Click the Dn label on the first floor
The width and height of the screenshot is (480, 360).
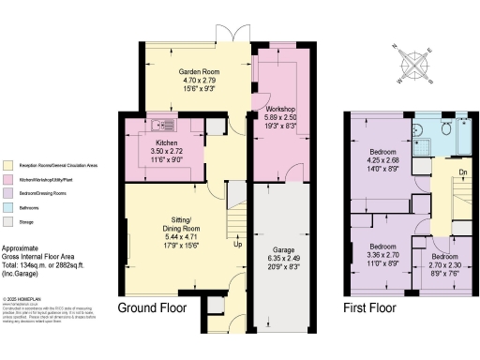pyautogui.click(x=463, y=172)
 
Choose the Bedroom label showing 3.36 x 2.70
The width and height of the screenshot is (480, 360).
pyautogui.click(x=382, y=221)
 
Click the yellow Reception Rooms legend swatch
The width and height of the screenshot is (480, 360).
pyautogui.click(x=7, y=165)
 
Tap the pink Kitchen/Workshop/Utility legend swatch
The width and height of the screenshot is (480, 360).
pyautogui.click(x=7, y=178)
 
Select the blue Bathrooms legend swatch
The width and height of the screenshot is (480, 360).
pyautogui.click(x=7, y=206)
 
